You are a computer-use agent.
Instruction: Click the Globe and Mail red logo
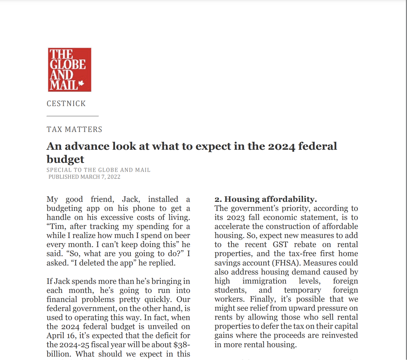point(69,70)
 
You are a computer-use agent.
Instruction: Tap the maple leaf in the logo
point(81,83)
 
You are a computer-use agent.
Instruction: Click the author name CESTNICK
point(66,104)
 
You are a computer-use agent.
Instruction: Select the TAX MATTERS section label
point(74,129)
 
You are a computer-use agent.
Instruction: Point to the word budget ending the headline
point(65,159)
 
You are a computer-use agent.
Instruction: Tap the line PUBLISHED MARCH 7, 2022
point(84,177)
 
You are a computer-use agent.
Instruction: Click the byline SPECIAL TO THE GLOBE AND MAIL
point(98,170)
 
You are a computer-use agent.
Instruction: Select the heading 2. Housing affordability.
point(266,199)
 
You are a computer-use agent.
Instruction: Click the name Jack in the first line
point(131,199)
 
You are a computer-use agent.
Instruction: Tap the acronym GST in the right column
point(280,245)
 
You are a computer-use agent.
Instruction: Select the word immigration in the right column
point(264,281)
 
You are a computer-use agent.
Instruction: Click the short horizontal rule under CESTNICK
point(73,116)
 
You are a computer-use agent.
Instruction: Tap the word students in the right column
point(230,290)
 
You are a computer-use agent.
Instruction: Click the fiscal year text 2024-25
point(74,345)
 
